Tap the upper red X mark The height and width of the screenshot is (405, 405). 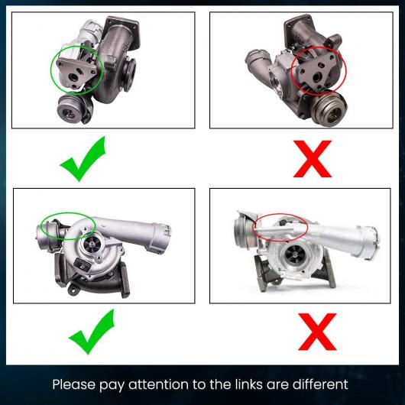[313, 159]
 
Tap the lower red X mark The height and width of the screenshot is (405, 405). [317, 332]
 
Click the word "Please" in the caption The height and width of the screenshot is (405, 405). [74, 384]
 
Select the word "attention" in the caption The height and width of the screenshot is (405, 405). [159, 384]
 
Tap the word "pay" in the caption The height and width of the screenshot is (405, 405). [112, 385]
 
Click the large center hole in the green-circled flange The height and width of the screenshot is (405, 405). [73, 76]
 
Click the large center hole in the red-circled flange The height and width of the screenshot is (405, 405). [317, 76]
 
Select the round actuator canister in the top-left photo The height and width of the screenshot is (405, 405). [70, 109]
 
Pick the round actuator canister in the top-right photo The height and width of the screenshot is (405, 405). [329, 109]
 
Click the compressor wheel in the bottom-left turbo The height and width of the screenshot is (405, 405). [92, 244]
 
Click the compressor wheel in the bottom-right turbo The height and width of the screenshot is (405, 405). [295, 254]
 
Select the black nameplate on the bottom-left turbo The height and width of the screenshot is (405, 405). [82, 263]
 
